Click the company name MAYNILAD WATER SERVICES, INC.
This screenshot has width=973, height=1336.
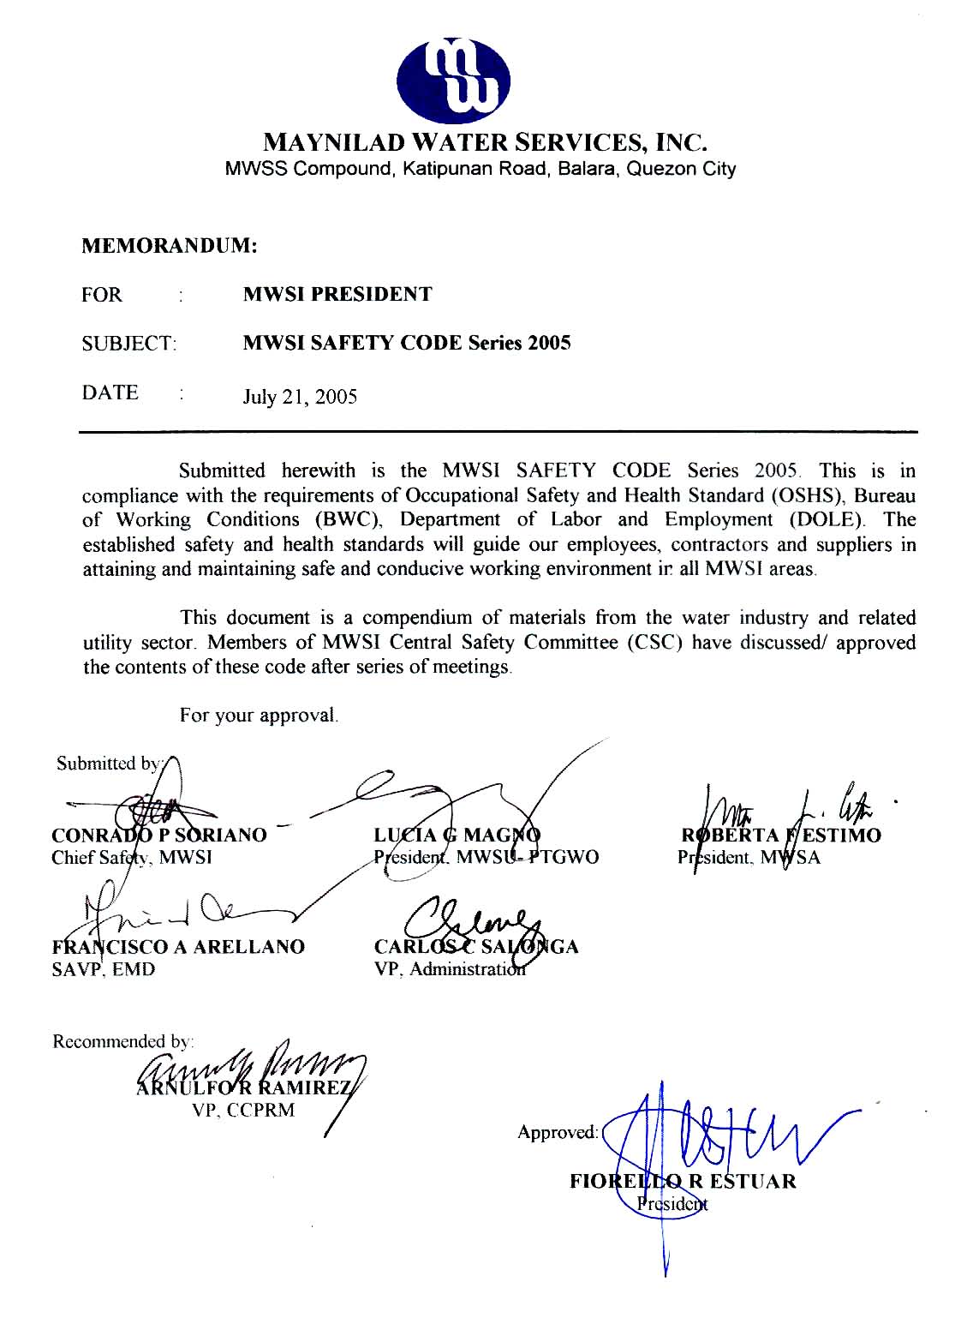tap(485, 141)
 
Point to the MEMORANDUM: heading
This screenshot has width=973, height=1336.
tap(170, 246)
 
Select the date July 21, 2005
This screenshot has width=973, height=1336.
tap(300, 397)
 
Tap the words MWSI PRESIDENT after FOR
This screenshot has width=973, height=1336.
tap(337, 295)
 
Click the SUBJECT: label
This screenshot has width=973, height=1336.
tap(129, 344)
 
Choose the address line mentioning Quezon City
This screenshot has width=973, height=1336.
tap(481, 169)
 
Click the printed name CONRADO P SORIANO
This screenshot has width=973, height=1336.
tap(159, 835)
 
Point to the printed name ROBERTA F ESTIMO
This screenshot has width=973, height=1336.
tap(780, 836)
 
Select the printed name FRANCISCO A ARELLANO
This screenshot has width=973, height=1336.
tap(177, 947)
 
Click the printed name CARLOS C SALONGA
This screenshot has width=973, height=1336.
tap(476, 947)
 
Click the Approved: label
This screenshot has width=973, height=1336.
tap(557, 1133)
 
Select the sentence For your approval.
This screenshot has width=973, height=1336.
tap(259, 716)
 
